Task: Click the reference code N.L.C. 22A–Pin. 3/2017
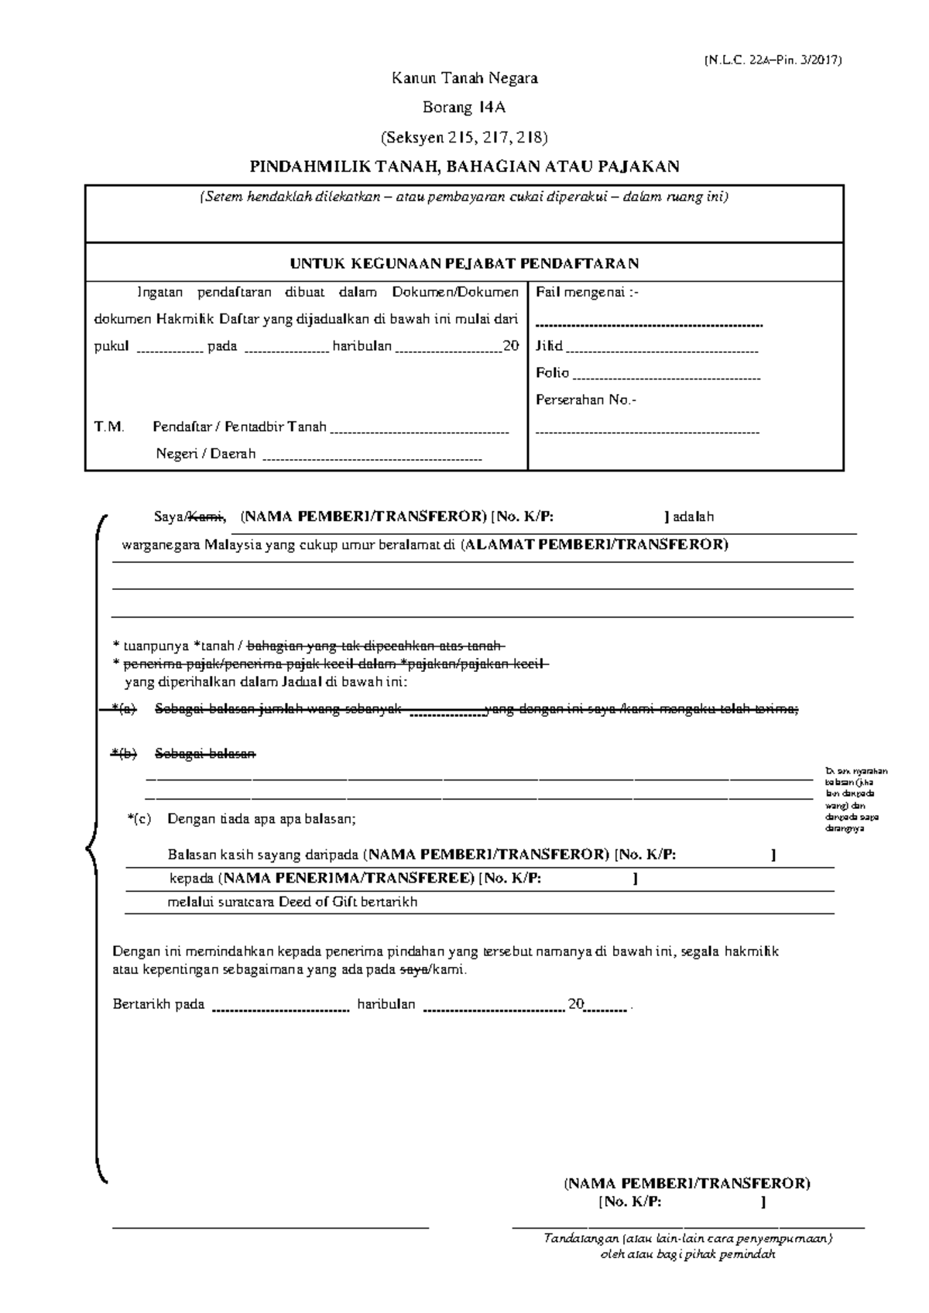(772, 60)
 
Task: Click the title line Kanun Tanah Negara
(464, 78)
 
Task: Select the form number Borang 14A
(464, 108)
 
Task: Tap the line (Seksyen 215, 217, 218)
(464, 138)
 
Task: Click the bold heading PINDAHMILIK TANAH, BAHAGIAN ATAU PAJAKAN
(464, 166)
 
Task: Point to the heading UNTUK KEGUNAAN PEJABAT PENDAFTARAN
(464, 263)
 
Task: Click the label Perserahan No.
(586, 400)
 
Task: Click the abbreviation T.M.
(108, 427)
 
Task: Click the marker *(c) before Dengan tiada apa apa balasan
(139, 818)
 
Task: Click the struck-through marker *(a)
(123, 709)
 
